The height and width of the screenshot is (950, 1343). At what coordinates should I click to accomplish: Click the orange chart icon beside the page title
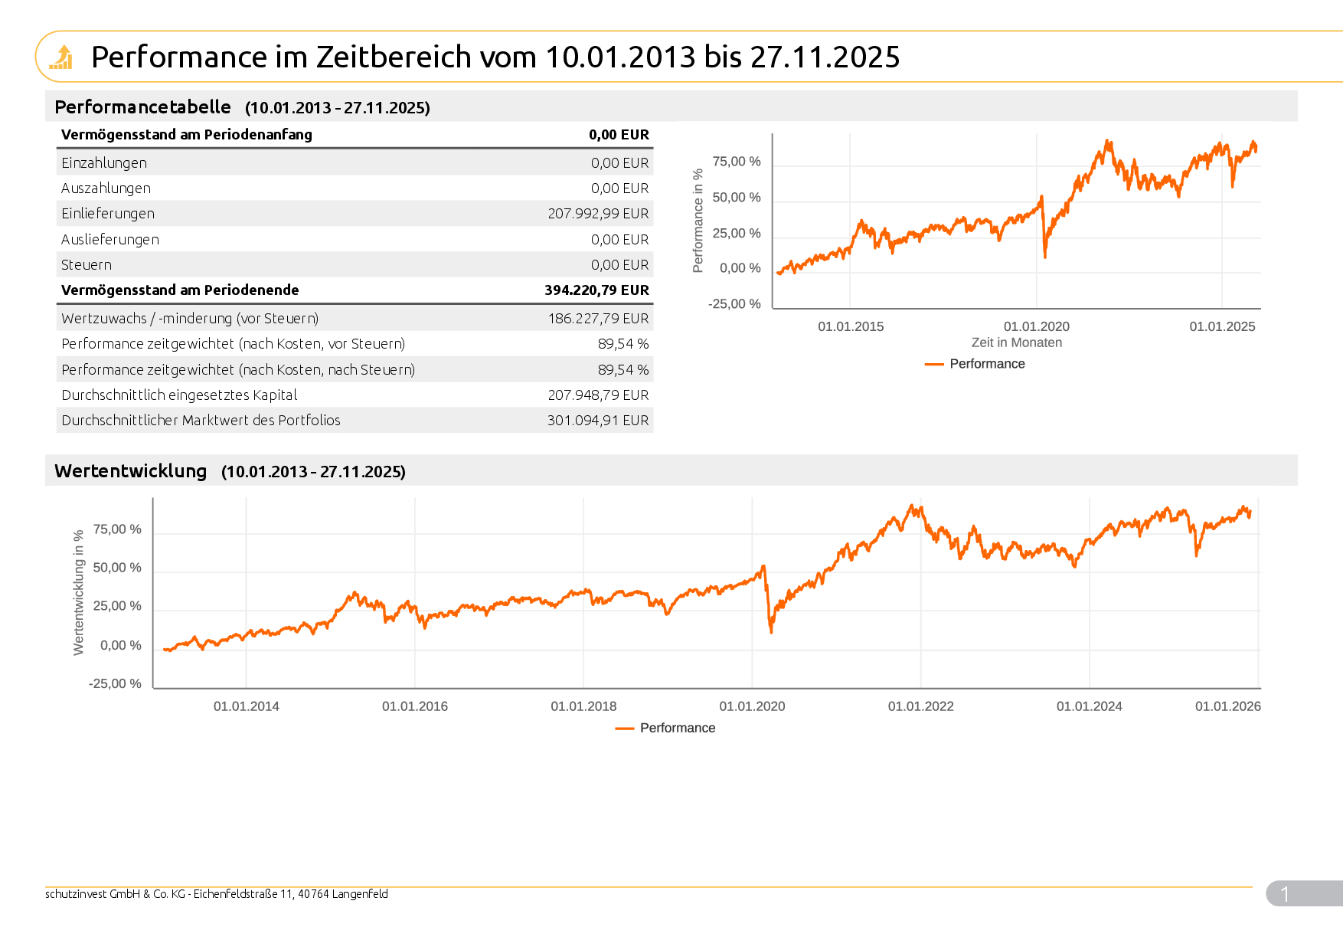click(x=61, y=57)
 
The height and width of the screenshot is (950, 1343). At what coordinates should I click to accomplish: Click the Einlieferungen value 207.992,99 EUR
click(x=597, y=214)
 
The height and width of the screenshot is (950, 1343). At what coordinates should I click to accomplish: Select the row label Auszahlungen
click(x=106, y=188)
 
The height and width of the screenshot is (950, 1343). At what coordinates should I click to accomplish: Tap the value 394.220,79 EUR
click(x=596, y=290)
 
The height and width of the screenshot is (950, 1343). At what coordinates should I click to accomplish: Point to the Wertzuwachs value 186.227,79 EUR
click(x=597, y=319)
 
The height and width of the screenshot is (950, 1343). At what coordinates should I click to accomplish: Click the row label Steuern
click(x=87, y=265)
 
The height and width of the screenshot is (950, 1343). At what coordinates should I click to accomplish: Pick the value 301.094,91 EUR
click(x=597, y=421)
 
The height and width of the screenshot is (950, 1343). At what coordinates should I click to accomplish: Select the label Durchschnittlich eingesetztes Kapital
click(x=179, y=395)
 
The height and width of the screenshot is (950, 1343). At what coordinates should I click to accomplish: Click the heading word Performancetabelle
click(x=142, y=107)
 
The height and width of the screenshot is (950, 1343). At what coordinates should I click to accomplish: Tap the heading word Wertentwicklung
click(x=130, y=471)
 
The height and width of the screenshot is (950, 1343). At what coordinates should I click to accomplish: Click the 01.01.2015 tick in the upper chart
click(x=851, y=327)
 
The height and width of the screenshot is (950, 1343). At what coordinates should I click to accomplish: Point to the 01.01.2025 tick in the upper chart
click(x=1222, y=327)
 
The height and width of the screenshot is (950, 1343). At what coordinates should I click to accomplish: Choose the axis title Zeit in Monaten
click(x=1016, y=343)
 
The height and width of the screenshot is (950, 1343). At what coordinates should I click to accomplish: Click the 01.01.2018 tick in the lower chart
click(x=583, y=706)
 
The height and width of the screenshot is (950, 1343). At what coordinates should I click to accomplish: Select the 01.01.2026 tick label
click(x=1227, y=706)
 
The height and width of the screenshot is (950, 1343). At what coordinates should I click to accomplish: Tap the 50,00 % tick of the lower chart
click(x=117, y=568)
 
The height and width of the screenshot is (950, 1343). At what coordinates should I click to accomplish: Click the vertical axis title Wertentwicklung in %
click(x=78, y=592)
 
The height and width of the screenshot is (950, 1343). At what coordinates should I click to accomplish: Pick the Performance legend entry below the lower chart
click(x=677, y=728)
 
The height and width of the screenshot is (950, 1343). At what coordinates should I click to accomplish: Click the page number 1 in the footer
click(x=1285, y=894)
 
